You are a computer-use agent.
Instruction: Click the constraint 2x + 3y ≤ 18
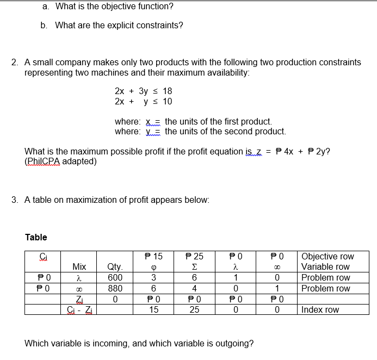coord(143,91)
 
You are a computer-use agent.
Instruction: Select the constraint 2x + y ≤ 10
coord(143,102)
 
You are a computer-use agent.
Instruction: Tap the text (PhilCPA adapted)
coord(60,161)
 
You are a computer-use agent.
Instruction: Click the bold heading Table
coord(36,237)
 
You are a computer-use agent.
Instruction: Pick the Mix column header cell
coord(79,267)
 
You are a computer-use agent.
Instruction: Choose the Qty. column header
coord(115,267)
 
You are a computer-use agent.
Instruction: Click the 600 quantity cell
coord(115,277)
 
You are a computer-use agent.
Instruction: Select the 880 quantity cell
coord(115,288)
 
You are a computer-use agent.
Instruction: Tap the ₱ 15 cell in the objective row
coord(154,256)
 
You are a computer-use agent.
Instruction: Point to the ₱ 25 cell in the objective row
coord(194,256)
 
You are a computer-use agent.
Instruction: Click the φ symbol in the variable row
coord(154,267)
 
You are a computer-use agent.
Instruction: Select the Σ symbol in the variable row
coord(194,267)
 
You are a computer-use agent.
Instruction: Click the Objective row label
coord(327,256)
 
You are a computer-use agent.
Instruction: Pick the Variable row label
coord(325,267)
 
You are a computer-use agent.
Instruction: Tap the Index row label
coord(320,309)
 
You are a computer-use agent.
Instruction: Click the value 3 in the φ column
coord(154,277)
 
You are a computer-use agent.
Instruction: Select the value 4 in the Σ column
coord(194,288)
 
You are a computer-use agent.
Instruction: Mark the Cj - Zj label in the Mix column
coord(79,309)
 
